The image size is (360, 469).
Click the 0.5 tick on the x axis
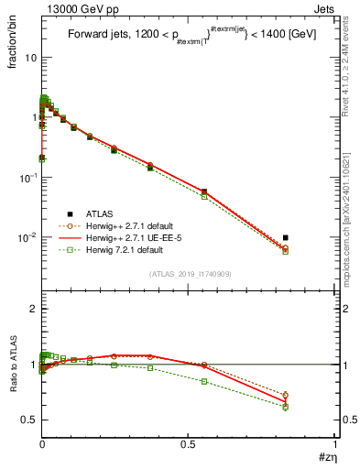tap(188, 444)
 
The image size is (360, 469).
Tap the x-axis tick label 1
tap(335, 444)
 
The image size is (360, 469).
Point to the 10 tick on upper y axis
tap(28, 58)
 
